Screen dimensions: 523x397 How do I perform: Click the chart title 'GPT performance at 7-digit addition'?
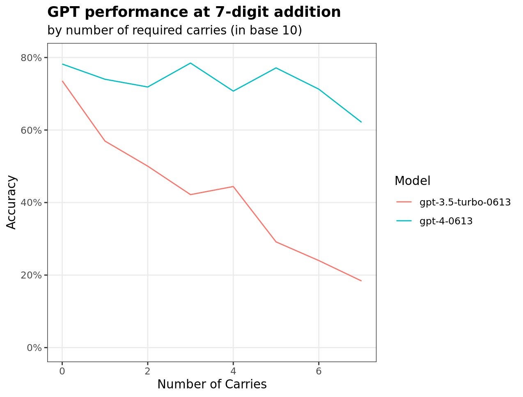[194, 12]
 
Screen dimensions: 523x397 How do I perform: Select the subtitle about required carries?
[174, 30]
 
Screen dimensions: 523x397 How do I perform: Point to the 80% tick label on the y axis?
[31, 57]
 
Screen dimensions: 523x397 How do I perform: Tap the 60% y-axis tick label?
[31, 130]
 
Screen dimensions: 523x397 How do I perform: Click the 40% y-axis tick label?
[31, 203]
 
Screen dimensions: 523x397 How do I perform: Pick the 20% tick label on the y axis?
[31, 275]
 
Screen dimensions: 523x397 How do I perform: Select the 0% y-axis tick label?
[34, 348]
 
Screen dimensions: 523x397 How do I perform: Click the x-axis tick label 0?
[62, 371]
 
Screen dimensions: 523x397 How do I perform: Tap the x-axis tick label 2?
[147, 371]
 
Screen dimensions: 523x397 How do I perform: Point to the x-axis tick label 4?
[233, 371]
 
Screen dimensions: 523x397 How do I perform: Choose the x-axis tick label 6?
[319, 371]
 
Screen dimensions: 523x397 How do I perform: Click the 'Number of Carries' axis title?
[212, 384]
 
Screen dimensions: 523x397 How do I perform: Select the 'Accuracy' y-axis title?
[11, 202]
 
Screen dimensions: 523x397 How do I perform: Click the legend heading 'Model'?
[413, 180]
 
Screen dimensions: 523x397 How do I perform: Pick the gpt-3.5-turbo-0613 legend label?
[465, 202]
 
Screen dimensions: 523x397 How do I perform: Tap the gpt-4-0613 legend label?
[446, 221]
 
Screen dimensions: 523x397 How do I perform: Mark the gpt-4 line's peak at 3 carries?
[190, 63]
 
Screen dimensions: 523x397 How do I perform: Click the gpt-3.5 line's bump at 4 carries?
[233, 187]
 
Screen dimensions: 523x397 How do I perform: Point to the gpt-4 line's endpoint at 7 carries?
[361, 122]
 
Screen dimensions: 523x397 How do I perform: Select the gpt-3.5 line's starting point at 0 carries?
[62, 81]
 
